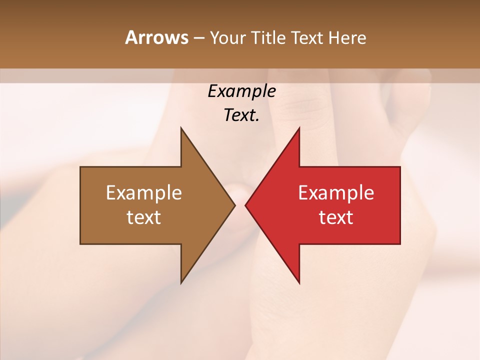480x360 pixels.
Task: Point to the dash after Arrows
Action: pyautogui.click(x=198, y=38)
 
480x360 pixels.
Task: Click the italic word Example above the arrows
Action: pyautogui.click(x=241, y=91)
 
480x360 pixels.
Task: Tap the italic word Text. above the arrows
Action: pyautogui.click(x=241, y=115)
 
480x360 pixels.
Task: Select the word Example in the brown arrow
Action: pyautogui.click(x=144, y=193)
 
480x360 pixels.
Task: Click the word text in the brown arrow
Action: pyautogui.click(x=144, y=217)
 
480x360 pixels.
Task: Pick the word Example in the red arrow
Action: pyautogui.click(x=336, y=193)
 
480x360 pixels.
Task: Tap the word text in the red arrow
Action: pyautogui.click(x=336, y=217)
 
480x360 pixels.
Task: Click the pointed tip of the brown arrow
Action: pyautogui.click(x=235, y=205)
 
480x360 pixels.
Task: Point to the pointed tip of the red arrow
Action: pyautogui.click(x=245, y=205)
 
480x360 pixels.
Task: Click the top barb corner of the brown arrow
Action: pyautogui.click(x=181, y=127)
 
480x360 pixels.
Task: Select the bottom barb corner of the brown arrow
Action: pyautogui.click(x=181, y=283)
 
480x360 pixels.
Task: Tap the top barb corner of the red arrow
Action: pyautogui.click(x=299, y=127)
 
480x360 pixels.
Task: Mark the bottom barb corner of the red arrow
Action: pyautogui.click(x=299, y=283)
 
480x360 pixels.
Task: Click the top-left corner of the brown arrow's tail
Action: pyautogui.click(x=80, y=167)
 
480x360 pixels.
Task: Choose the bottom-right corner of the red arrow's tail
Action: pyautogui.click(x=400, y=244)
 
